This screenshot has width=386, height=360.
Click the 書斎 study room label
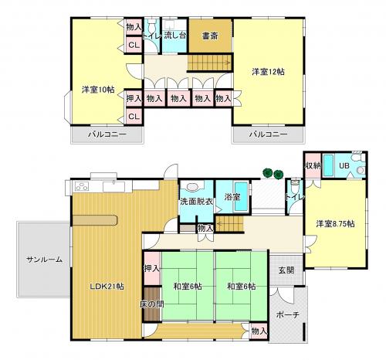pos(210,36)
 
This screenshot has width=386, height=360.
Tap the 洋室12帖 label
pos(268,72)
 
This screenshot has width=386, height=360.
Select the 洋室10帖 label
pos(98,90)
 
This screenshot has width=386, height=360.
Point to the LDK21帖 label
pos(107,286)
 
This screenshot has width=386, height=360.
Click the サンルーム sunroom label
pos(44,260)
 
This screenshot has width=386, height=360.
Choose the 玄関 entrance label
pos(286,270)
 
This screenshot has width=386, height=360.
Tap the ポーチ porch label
pos(288,314)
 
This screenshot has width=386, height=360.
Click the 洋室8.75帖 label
pos(335,224)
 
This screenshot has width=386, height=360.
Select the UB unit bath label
pos(344,165)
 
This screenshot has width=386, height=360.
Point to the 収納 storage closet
pos(313,165)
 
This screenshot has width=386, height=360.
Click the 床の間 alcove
pos(152,304)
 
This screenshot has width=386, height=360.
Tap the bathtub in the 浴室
pos(242,197)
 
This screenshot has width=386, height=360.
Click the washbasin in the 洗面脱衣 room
pos(192,187)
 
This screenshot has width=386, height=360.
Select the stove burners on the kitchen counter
pos(81,186)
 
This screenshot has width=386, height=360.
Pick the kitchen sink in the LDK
pos(114,186)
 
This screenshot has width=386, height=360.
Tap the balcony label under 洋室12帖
pos(268,134)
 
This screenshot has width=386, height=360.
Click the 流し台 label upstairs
pos(175,36)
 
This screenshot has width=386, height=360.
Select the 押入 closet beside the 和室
pos(152,269)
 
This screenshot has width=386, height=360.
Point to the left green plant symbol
pos(268,172)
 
